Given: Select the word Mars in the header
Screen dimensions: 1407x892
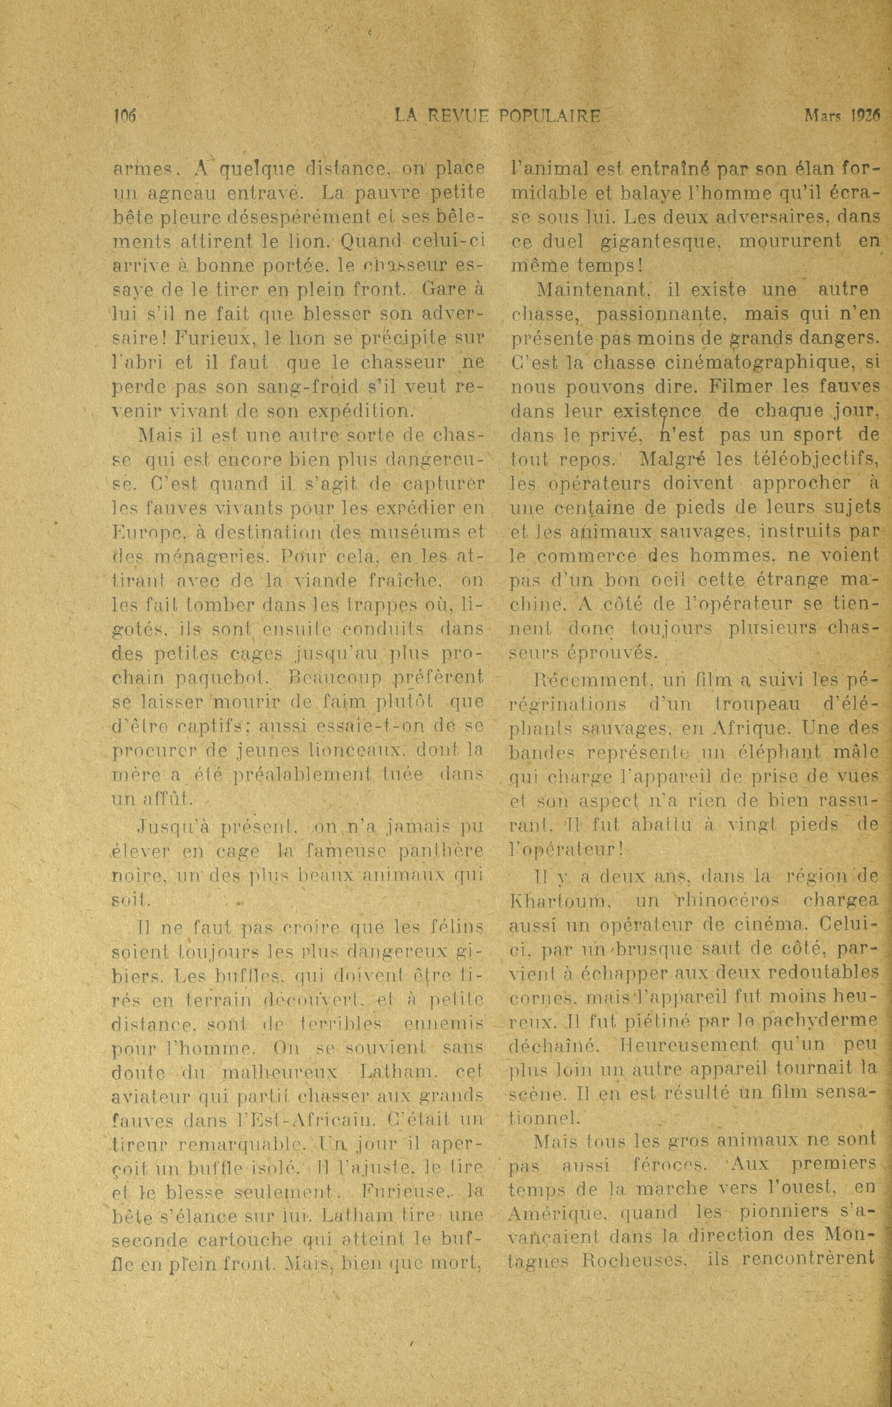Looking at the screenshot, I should tap(821, 116).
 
